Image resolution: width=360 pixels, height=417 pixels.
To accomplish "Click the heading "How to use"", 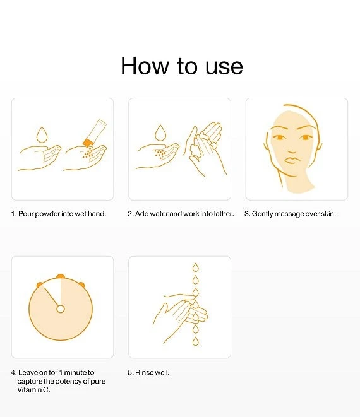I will pos(181,66).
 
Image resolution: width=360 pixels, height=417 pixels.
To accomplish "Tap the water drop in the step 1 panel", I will pos(42,134).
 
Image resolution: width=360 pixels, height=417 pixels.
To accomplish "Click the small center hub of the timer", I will pos(61,308).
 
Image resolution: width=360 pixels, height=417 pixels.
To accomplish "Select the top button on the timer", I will pos(61,276).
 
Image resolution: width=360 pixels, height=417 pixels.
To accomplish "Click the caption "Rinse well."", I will pos(148,373).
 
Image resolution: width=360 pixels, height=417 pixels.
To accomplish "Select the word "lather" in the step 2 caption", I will pos(222,214).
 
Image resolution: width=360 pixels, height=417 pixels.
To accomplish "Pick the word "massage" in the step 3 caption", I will pos(287,214).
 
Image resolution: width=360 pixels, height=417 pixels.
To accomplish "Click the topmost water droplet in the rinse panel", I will pos(195,266).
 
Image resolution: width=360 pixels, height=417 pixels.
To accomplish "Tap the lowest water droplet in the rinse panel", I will pos(195,341).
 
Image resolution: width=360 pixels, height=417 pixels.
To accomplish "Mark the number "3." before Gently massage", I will pos(248,214).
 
